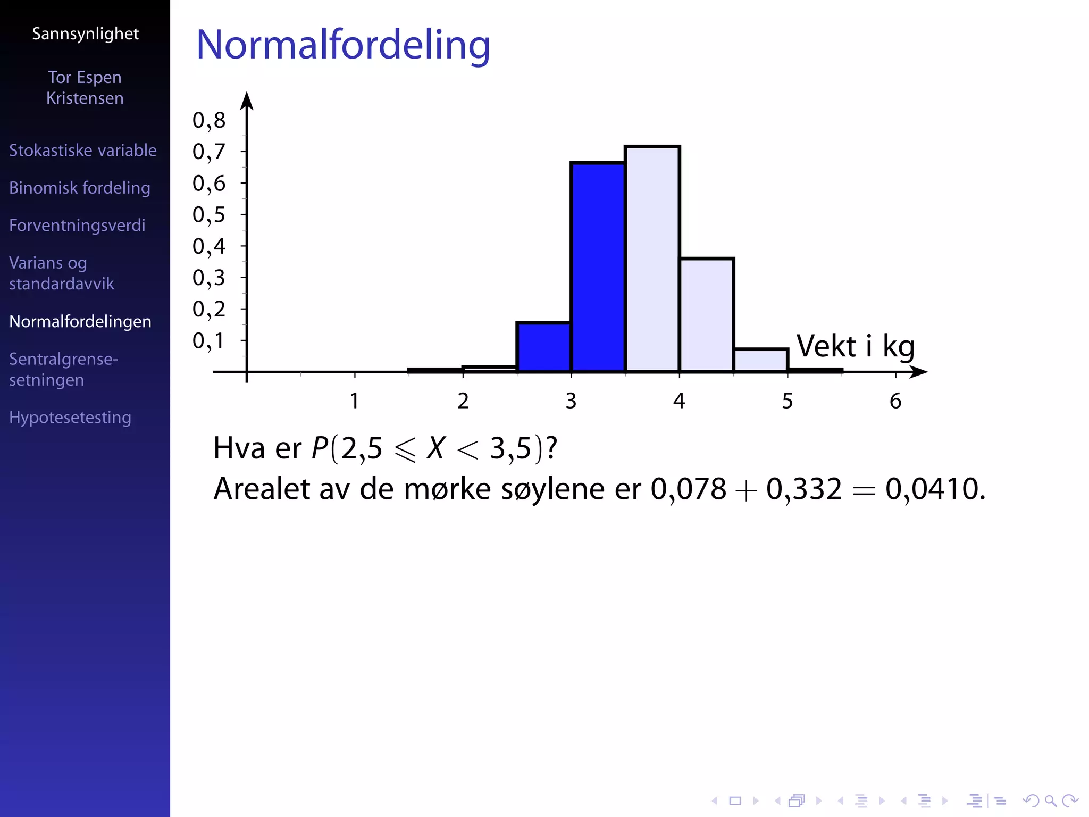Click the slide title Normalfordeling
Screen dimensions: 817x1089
tap(343, 45)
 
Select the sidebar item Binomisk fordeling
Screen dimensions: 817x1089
tap(80, 188)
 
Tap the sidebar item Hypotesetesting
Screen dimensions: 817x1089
tap(70, 418)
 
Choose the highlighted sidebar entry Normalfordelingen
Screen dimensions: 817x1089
tap(80, 321)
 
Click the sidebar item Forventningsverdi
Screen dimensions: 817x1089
tap(77, 226)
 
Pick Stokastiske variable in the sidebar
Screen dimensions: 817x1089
tap(83, 151)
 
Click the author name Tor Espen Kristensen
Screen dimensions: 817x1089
tap(85, 88)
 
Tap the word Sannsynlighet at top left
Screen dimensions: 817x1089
tap(85, 34)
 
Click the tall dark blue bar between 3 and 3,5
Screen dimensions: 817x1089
tap(598, 266)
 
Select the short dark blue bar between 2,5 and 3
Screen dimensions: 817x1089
tap(543, 347)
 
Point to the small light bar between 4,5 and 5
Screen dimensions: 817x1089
tap(760, 360)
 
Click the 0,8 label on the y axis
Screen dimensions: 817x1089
tap(209, 121)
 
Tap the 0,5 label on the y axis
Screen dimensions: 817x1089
tap(209, 215)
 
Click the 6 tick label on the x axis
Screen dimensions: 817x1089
tap(895, 401)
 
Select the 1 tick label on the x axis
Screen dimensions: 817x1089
tap(355, 401)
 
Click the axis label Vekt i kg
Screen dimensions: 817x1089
tap(855, 347)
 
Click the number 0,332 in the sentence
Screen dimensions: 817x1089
tap(804, 489)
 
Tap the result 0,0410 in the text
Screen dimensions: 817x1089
tap(932, 489)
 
